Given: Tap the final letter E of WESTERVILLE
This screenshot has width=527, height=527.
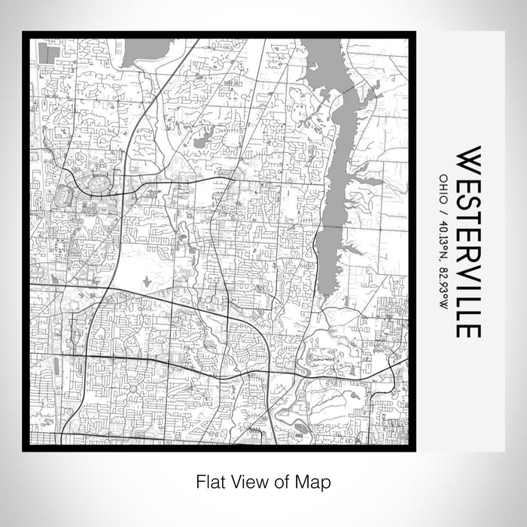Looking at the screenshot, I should tap(468, 330).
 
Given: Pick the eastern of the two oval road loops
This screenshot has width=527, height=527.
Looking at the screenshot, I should tap(99, 183).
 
